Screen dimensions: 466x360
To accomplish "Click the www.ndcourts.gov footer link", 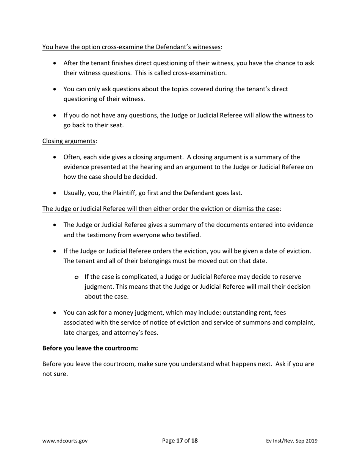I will coord(65,441).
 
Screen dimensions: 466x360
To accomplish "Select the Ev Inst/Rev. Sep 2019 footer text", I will coord(291,441).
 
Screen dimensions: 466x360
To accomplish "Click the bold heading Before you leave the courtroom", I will coord(90,348).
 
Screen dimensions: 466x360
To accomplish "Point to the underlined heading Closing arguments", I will coord(69,141).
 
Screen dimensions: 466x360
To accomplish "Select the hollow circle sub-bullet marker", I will coord(77,277).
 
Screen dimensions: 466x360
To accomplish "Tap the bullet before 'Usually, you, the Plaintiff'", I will coord(56,193).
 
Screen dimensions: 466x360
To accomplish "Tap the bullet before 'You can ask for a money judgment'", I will coord(56,313).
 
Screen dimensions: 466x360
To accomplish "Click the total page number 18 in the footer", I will coord(194,441).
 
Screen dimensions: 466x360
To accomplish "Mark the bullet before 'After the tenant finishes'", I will coord(56,63).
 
